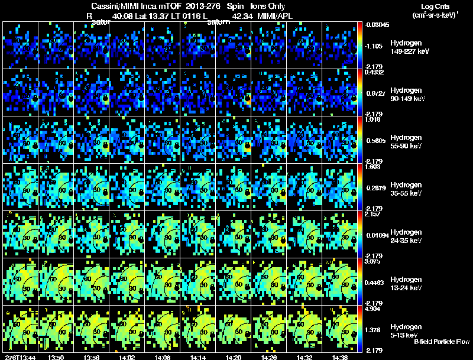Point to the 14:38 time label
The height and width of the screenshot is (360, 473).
[x=339, y=357]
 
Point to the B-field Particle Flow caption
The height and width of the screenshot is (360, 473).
[x=441, y=342]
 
